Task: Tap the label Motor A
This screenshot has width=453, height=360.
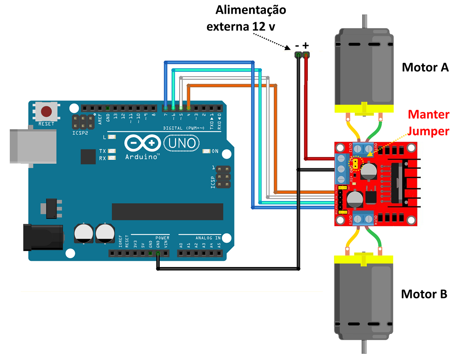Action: (425, 68)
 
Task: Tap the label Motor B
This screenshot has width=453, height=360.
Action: (424, 294)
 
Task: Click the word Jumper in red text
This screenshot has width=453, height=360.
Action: (429, 131)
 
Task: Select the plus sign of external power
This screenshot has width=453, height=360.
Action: (306, 45)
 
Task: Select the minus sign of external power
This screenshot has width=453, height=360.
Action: (297, 46)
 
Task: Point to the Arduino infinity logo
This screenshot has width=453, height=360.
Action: (141, 143)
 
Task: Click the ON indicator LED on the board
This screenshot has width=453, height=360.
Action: (206, 151)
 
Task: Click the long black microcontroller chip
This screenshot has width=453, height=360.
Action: (167, 212)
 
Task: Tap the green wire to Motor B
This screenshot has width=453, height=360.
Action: (376, 240)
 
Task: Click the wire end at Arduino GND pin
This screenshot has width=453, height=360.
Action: (158, 254)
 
